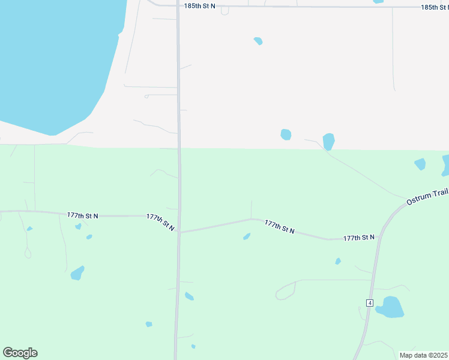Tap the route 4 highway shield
click(370, 302)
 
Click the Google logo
click(20, 353)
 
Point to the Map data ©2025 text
click(423, 355)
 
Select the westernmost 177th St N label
click(83, 215)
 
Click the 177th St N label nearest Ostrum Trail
click(359, 238)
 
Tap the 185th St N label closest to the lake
click(199, 6)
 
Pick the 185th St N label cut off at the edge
click(435, 7)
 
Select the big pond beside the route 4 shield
click(389, 307)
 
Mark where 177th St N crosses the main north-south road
click(179, 232)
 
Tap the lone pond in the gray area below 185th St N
click(258, 41)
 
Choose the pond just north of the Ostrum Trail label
click(420, 164)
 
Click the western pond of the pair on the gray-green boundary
click(286, 134)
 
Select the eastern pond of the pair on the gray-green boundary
click(328, 142)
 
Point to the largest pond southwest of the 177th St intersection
click(77, 273)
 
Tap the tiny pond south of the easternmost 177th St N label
click(338, 261)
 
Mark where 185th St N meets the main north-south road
click(179, 7)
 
